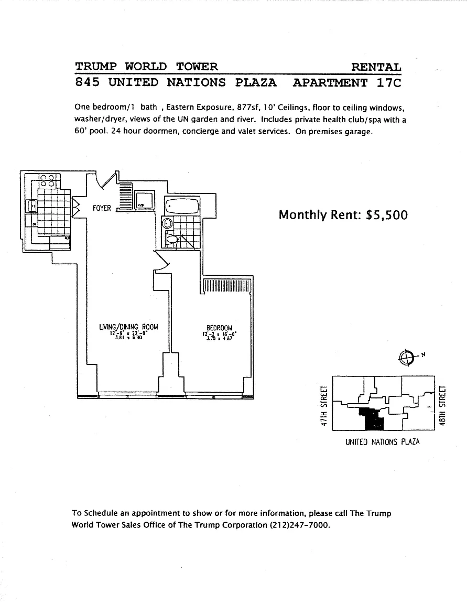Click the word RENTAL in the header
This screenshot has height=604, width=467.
[x=376, y=67]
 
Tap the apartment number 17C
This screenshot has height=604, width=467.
[x=388, y=82]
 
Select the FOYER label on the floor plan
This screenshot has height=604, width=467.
[x=102, y=208]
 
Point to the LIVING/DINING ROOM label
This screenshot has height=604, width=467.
[x=128, y=327]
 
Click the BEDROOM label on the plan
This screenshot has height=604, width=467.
[x=219, y=328]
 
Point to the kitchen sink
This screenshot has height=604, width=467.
[x=32, y=207]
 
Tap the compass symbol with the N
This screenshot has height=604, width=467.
[x=406, y=357]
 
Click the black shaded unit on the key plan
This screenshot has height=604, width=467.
[x=372, y=419]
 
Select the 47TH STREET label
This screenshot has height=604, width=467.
[x=324, y=406]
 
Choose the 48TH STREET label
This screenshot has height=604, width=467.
[x=443, y=406]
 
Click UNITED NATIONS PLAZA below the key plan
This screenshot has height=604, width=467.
[x=383, y=442]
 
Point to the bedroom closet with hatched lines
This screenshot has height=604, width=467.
[x=227, y=285]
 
